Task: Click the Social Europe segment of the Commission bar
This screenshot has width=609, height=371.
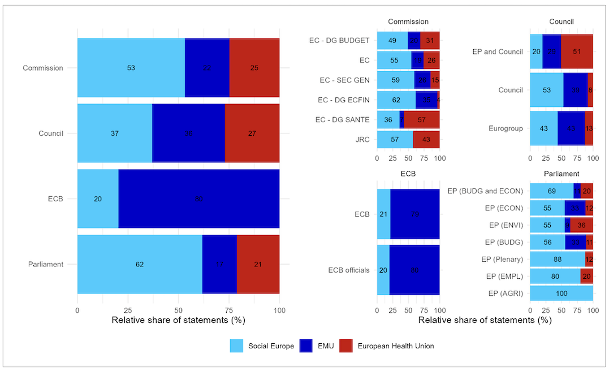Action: (131, 68)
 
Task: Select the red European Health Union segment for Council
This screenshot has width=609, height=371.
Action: (252, 133)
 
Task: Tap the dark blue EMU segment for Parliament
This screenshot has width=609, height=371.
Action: (219, 264)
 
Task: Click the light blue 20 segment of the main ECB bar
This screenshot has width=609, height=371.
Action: (98, 199)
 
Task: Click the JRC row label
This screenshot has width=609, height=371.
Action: (362, 139)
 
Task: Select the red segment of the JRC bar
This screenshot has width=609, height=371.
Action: (426, 139)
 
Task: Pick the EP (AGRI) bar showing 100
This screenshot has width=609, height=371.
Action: (562, 293)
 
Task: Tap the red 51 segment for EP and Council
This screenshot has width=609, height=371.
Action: (577, 51)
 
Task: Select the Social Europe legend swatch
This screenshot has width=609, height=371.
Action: (237, 346)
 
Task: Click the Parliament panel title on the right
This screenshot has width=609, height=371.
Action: (561, 173)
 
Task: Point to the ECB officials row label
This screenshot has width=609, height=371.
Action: (349, 270)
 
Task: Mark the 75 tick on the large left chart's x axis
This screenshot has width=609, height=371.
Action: (229, 310)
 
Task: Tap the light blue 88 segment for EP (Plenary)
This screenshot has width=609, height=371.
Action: (558, 260)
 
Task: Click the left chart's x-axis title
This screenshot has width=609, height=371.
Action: (178, 320)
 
